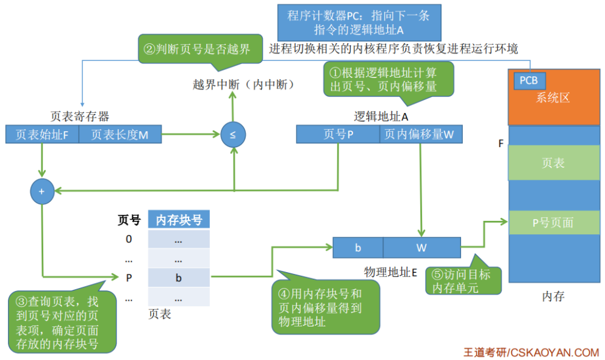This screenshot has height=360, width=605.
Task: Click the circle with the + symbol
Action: (41, 191)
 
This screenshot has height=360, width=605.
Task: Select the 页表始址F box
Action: (42, 134)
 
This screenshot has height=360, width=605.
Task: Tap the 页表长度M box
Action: (120, 134)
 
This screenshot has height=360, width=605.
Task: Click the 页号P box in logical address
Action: (338, 134)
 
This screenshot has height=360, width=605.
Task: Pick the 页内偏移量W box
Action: (420, 134)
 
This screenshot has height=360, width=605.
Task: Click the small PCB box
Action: (528, 81)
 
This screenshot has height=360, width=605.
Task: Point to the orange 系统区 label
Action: (553, 98)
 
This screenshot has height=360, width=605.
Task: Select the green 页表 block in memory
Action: (553, 162)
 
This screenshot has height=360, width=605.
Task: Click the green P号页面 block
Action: (553, 223)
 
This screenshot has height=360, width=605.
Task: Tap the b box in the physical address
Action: (358, 248)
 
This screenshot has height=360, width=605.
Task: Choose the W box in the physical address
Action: (421, 248)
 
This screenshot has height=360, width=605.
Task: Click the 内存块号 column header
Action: (179, 220)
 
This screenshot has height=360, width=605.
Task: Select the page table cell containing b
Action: (179, 278)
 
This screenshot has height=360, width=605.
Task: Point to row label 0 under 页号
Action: (129, 239)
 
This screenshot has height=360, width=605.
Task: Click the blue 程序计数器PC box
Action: (359, 22)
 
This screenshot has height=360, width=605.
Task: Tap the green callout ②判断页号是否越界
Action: (197, 49)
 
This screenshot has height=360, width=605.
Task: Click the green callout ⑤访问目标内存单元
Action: (457, 281)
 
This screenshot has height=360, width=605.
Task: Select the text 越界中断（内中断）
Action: (243, 84)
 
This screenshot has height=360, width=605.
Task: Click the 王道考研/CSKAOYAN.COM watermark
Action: (531, 352)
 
